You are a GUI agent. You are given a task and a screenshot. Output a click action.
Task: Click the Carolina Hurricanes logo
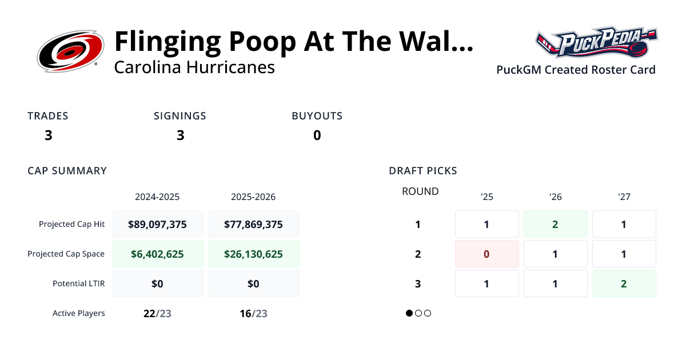pyautogui.click(x=70, y=52)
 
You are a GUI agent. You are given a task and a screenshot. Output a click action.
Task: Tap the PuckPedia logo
pyautogui.click(x=596, y=42)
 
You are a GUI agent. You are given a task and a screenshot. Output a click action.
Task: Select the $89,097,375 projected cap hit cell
pyautogui.click(x=157, y=224)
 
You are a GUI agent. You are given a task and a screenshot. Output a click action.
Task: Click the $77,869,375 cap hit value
pyautogui.click(x=253, y=224)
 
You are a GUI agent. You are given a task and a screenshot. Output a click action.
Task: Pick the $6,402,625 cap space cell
pyautogui.click(x=157, y=254)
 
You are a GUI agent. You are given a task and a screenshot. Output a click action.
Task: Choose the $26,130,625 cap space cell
pyautogui.click(x=253, y=254)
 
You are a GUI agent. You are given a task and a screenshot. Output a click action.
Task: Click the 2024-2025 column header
pyautogui.click(x=157, y=197)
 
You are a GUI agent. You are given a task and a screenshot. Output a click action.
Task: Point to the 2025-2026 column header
pyautogui.click(x=253, y=197)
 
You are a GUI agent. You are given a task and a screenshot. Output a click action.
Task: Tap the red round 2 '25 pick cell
pyautogui.click(x=486, y=254)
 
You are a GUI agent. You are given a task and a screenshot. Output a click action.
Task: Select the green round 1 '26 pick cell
pyautogui.click(x=555, y=224)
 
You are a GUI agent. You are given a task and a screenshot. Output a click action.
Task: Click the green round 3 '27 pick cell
pyautogui.click(x=624, y=283)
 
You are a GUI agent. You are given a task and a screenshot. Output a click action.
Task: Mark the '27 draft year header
pyautogui.click(x=624, y=197)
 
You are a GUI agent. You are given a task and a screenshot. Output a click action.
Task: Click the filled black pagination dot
pyautogui.click(x=409, y=313)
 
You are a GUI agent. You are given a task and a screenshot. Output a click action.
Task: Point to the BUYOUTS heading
pyautogui.click(x=317, y=116)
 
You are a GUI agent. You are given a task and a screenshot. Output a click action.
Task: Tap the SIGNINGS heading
pyautogui.click(x=180, y=116)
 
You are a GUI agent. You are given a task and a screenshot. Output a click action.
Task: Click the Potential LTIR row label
pyautogui.click(x=79, y=283)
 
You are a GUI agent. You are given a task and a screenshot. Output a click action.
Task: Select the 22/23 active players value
pyautogui.click(x=157, y=313)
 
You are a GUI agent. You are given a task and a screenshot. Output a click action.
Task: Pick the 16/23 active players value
pyautogui.click(x=253, y=313)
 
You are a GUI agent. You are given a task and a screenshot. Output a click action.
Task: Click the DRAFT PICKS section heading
pyautogui.click(x=423, y=171)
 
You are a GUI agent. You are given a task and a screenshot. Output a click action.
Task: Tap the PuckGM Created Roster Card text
pyautogui.click(x=576, y=70)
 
